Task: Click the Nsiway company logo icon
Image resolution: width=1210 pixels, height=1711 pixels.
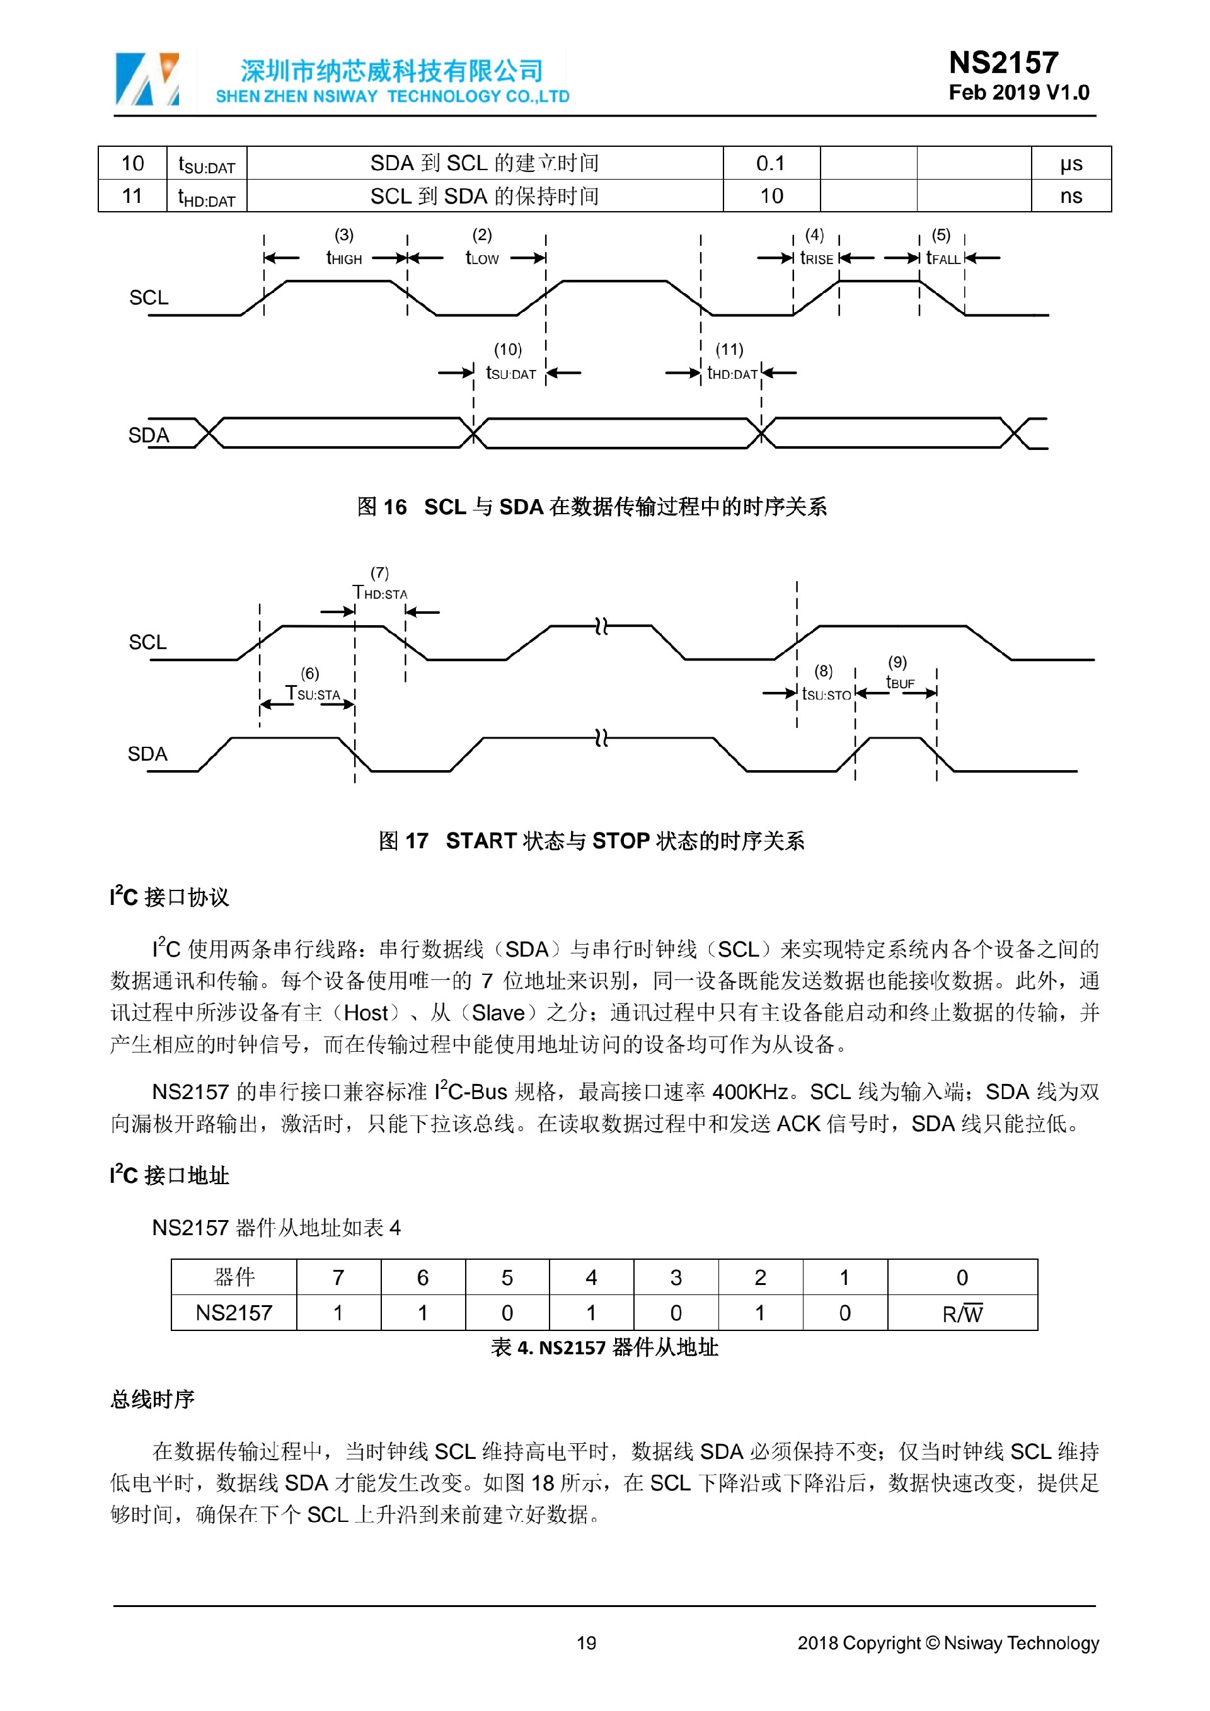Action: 147,79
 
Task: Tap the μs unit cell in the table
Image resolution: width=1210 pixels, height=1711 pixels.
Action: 1071,163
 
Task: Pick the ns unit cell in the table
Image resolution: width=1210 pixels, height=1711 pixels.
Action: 1071,196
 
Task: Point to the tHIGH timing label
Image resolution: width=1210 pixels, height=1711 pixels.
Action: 344,258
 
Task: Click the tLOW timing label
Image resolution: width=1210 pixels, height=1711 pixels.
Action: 482,258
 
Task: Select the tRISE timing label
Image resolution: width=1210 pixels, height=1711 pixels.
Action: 817,258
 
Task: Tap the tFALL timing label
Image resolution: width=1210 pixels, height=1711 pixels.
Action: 943,258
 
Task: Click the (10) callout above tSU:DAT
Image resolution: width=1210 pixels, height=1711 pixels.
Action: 508,350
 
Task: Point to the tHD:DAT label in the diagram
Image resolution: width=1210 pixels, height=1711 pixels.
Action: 732,373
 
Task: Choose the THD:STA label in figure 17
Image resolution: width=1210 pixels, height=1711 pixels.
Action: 380,593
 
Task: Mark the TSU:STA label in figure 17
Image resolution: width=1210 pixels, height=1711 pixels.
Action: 314,694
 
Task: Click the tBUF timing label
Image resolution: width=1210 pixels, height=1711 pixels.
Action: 900,682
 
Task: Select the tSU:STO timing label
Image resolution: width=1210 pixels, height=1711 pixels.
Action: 826,694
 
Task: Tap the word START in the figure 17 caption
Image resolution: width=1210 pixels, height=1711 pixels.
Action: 481,841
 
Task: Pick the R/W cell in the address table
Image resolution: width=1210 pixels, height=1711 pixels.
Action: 962,1313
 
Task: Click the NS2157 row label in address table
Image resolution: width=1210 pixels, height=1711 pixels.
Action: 234,1313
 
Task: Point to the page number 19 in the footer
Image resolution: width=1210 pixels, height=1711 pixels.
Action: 586,1643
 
